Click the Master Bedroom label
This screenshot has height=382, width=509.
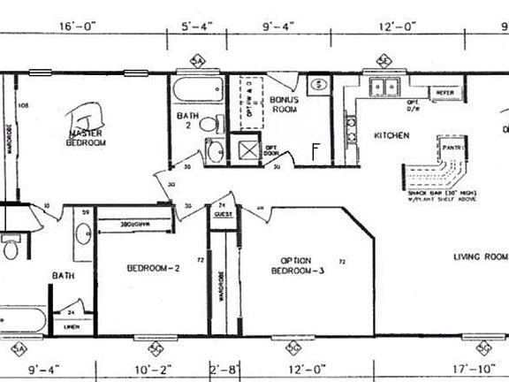(x=87, y=138)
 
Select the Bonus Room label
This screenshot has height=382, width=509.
(x=285, y=105)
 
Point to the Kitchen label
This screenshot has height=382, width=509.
(x=390, y=135)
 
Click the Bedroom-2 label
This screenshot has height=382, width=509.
(x=154, y=268)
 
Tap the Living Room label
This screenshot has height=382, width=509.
(x=481, y=256)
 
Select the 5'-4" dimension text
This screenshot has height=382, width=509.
(x=198, y=27)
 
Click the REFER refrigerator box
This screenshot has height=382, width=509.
(x=444, y=92)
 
